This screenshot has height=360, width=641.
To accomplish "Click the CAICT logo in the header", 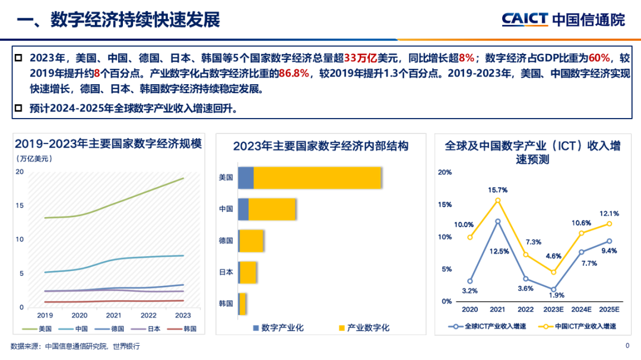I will coord(525,19).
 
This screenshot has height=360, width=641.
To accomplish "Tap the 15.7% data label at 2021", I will coord(497,190).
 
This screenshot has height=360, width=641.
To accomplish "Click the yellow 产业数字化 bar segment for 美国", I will coord(317,177).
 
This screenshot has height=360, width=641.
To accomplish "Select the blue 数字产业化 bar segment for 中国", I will coord(243,209).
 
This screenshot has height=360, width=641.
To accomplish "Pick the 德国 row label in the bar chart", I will coord(226,241).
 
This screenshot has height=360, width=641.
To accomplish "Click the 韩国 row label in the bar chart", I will coord(226,304).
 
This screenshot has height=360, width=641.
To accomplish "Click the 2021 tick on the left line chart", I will coord(113,316).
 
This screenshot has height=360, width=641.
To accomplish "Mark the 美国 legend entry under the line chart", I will coord(40,329).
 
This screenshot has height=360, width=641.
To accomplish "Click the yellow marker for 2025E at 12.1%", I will coord(609,224).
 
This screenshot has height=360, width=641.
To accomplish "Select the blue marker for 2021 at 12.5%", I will coord(498,221).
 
